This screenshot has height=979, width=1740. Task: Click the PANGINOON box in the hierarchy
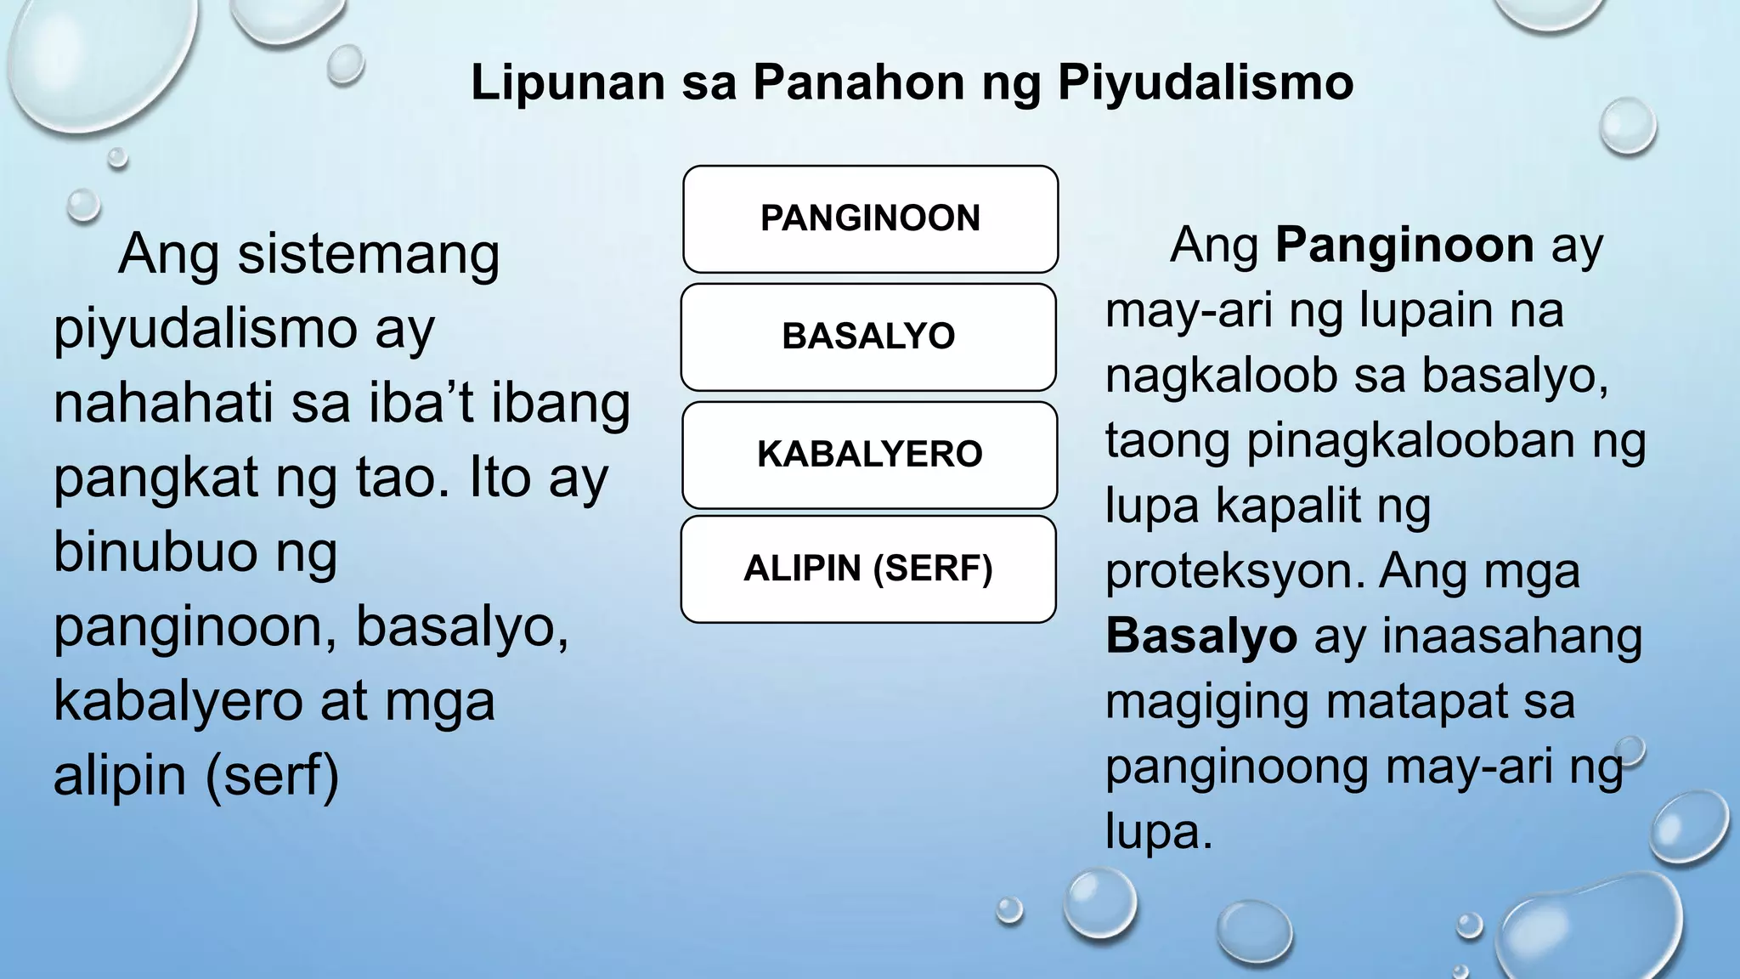[x=870, y=218]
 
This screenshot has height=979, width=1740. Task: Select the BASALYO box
[x=868, y=337]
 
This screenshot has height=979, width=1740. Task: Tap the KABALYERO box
[x=870, y=454]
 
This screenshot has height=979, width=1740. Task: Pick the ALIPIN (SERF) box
[x=868, y=569]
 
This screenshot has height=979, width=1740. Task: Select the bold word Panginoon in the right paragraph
[x=1404, y=246]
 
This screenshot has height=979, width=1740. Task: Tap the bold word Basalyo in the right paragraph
[x=1200, y=636]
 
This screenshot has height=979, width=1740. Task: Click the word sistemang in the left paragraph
[x=368, y=254]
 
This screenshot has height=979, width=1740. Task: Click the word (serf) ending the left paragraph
[x=272, y=776]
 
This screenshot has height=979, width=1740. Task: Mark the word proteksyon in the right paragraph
[x=1234, y=571]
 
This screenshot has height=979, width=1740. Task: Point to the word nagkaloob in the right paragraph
[x=1221, y=376]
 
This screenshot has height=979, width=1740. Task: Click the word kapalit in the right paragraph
[x=1288, y=506]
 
